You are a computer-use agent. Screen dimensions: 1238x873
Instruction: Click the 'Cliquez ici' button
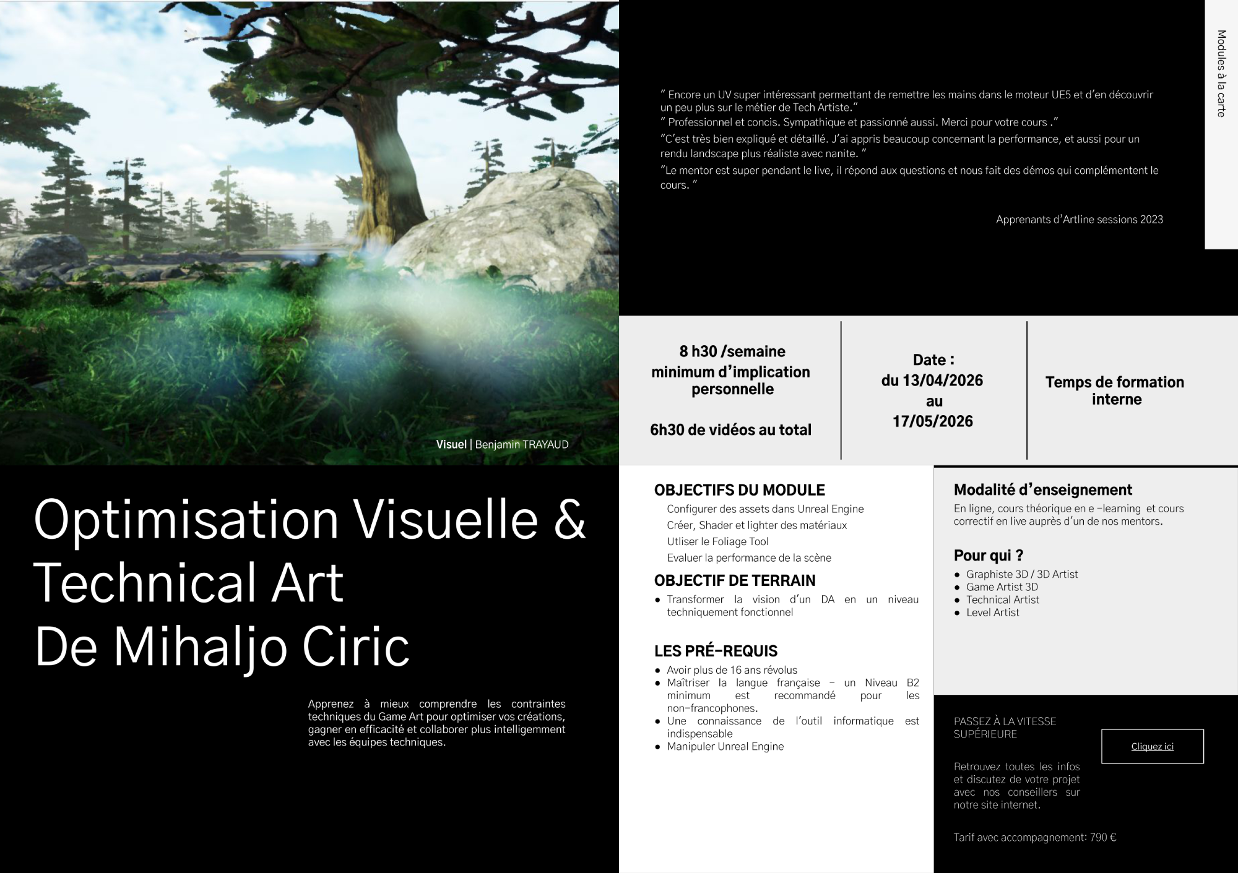tap(1152, 746)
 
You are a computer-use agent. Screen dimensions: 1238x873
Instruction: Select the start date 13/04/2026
tap(942, 381)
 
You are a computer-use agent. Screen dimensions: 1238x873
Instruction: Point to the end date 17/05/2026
tap(933, 421)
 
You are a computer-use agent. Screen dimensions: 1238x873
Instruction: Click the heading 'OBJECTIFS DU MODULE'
tap(739, 490)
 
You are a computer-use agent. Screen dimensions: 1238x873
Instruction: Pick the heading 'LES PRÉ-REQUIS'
tap(716, 651)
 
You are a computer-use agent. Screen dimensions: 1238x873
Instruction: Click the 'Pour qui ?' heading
tap(989, 556)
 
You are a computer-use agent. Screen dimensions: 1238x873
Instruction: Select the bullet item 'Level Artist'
tap(992, 613)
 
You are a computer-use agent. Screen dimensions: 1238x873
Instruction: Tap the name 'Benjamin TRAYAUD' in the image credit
tap(522, 444)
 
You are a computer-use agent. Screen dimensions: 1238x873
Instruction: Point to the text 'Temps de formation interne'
tap(1115, 390)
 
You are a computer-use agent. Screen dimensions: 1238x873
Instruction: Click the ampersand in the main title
tap(569, 519)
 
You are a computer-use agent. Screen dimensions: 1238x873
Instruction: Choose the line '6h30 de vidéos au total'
tap(730, 430)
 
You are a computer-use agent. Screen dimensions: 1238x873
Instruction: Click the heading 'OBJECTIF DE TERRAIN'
tap(735, 580)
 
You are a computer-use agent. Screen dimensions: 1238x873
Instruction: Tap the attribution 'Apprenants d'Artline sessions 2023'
tap(1080, 220)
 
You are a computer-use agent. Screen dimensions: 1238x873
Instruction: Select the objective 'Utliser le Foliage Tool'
tap(717, 541)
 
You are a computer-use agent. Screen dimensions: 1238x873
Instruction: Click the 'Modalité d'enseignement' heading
tap(1043, 490)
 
